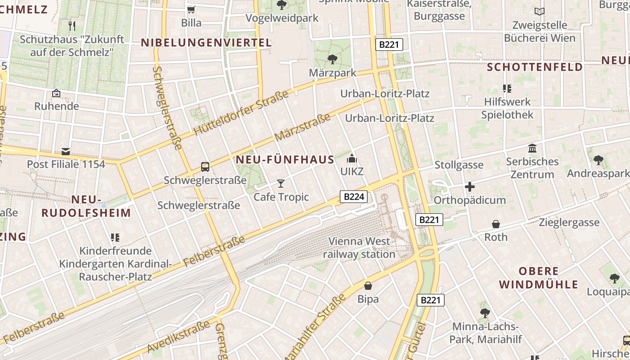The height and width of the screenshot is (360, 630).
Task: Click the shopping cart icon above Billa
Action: pyautogui.click(x=191, y=9)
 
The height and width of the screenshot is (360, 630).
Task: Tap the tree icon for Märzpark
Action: pyautogui.click(x=333, y=59)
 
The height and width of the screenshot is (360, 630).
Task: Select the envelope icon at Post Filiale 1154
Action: pyautogui.click(x=66, y=151)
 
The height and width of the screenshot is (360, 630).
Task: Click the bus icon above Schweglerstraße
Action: pyautogui.click(x=205, y=167)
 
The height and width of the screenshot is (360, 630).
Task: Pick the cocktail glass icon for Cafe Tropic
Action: pyautogui.click(x=281, y=183)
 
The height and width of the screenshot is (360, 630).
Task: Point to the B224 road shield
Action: pyautogui.click(x=354, y=196)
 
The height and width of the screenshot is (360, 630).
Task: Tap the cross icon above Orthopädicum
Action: pyautogui.click(x=470, y=187)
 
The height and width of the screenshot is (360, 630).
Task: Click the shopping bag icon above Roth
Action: pyautogui.click(x=496, y=224)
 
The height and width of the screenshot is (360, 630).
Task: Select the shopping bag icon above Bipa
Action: pyautogui.click(x=368, y=286)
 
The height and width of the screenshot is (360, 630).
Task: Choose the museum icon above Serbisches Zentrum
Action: pyautogui.click(x=532, y=148)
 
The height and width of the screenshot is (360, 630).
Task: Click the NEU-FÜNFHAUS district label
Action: pyautogui.click(x=285, y=160)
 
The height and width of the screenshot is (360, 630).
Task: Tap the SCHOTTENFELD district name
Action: pyautogui.click(x=535, y=67)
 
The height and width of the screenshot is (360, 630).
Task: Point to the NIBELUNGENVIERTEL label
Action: pyautogui.click(x=207, y=43)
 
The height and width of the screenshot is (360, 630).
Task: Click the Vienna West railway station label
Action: pyautogui.click(x=359, y=247)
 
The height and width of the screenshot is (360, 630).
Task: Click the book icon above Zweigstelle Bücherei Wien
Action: pyautogui.click(x=540, y=11)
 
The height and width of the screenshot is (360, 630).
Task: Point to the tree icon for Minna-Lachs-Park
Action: pyautogui.click(x=485, y=313)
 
